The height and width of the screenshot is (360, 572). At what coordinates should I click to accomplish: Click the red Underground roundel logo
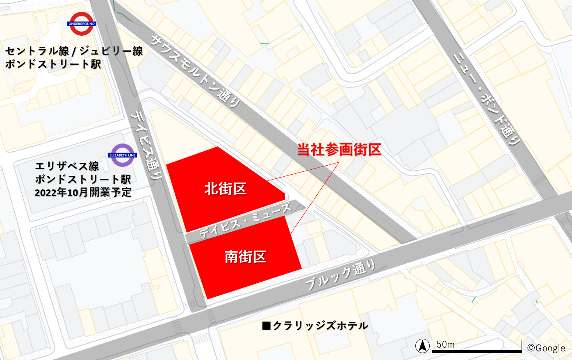tap(82, 24)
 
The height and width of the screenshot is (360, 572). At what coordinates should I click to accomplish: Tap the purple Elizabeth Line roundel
tap(122, 155)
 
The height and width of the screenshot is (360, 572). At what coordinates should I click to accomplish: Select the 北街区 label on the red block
tap(225, 189)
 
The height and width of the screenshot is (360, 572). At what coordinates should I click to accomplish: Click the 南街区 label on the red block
tap(245, 257)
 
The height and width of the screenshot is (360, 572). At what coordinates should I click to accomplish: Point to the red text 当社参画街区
tap(339, 150)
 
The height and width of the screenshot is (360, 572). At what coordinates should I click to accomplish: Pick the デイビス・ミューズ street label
tap(245, 221)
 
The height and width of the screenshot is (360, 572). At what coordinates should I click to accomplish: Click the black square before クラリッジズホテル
tap(267, 326)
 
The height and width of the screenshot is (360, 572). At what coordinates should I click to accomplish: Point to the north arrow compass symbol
tap(422, 346)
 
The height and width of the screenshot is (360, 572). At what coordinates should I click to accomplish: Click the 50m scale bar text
tap(445, 344)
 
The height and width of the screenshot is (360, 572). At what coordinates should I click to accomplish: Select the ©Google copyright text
tap(546, 348)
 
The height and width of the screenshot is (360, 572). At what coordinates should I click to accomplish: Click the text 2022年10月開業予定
tap(83, 192)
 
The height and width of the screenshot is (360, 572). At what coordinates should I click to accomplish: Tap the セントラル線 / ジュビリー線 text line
tap(74, 51)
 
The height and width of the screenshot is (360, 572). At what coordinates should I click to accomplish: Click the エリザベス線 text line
tap(67, 166)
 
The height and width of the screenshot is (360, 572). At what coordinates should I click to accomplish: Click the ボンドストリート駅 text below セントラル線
tap(53, 64)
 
